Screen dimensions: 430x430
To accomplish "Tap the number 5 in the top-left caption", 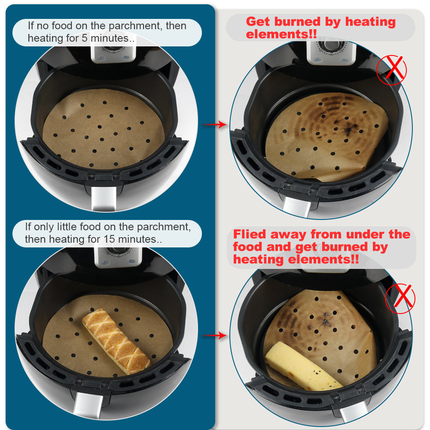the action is (85, 38).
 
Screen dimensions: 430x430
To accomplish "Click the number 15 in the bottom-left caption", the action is (109, 239).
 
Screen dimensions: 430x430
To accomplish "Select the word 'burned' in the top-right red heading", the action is (297, 21).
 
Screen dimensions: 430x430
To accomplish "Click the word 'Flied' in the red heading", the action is (250, 234).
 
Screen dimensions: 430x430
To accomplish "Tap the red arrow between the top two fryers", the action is (214, 125).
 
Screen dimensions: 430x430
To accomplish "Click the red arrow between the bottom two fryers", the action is (214, 335).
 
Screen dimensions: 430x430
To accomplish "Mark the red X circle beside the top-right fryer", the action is (392, 70).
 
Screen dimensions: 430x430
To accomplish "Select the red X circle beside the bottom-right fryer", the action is (400, 299).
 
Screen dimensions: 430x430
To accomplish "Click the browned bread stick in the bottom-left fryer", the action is (116, 341).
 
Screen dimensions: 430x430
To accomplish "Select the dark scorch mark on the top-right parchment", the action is (349, 129).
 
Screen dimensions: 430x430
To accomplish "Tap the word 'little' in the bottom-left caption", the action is (65, 227).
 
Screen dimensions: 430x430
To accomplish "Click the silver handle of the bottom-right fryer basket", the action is (354, 416).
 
